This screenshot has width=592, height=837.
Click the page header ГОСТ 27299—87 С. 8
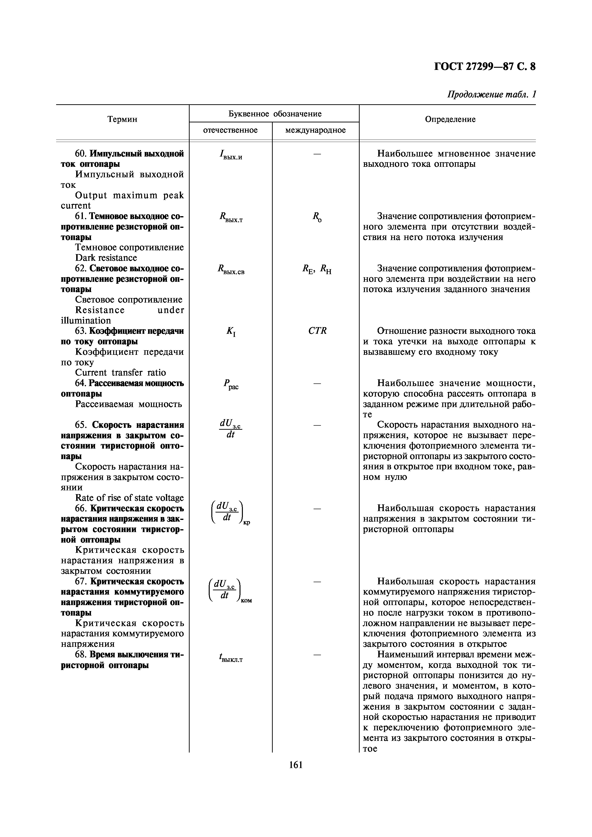point(485,67)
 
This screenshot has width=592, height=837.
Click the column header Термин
point(122,119)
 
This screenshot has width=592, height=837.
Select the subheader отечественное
point(230,130)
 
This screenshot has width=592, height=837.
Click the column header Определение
point(450,119)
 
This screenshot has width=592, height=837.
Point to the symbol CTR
point(317,331)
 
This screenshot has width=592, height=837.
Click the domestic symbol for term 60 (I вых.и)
point(230,155)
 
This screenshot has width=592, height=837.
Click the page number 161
point(296,765)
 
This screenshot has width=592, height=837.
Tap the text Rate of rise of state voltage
point(129,498)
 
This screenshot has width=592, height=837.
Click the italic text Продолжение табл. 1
point(491,94)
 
